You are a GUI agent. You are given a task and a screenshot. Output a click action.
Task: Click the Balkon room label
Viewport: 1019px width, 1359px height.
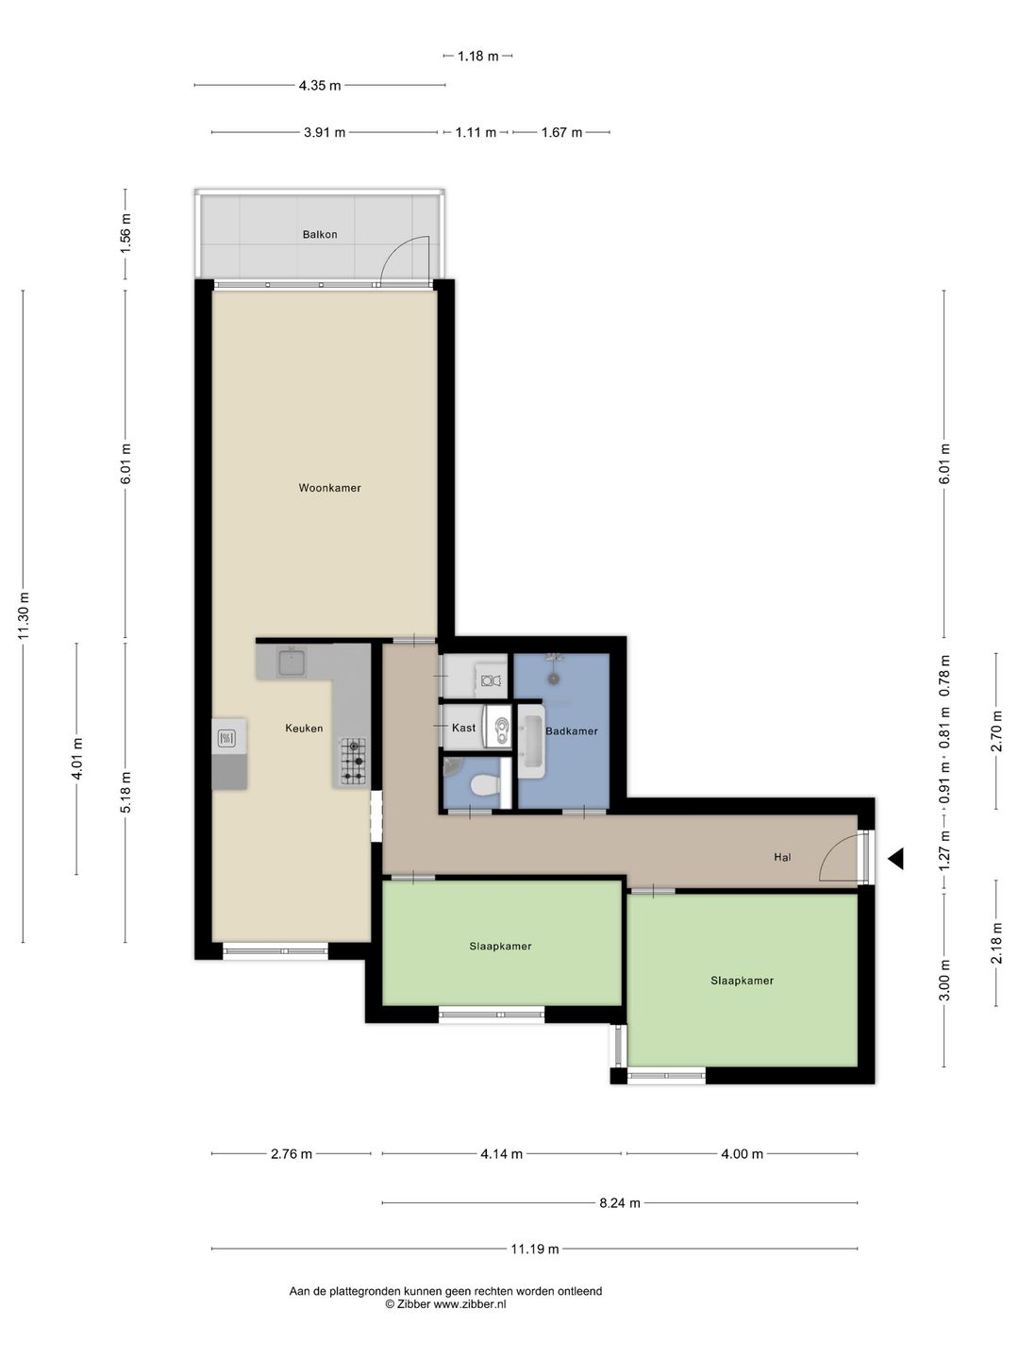(x=319, y=235)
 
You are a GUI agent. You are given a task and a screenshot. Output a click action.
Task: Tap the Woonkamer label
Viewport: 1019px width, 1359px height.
(x=330, y=488)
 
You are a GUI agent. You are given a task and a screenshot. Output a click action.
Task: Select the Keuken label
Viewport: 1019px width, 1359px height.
(x=304, y=728)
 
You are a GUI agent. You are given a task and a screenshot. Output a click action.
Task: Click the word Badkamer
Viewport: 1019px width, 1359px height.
(x=572, y=731)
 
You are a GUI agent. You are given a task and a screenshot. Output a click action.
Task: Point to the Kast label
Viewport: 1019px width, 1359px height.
(x=463, y=728)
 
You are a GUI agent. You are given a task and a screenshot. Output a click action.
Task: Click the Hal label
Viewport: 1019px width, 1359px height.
(x=783, y=858)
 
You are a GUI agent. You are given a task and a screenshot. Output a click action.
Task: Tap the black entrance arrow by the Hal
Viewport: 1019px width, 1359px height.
(x=896, y=858)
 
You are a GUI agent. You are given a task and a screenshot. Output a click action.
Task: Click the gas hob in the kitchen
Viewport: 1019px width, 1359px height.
(x=353, y=761)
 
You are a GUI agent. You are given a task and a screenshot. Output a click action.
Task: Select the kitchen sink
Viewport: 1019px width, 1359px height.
(x=291, y=663)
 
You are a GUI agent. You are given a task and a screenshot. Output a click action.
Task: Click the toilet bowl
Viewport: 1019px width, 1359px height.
(x=485, y=787)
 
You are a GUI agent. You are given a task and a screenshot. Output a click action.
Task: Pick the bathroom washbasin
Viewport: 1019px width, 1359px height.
(x=531, y=742)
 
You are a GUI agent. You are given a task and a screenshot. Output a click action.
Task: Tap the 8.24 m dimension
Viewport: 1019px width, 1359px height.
(x=620, y=1203)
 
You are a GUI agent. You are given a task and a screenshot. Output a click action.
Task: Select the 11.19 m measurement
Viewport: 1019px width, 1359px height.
(x=535, y=1249)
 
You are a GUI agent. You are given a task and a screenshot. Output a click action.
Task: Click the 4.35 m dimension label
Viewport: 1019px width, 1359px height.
(x=320, y=86)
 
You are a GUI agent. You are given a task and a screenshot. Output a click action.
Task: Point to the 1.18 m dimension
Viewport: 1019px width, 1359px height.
(x=477, y=57)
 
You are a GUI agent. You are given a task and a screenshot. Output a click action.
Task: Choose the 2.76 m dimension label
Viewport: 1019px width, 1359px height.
(x=292, y=1154)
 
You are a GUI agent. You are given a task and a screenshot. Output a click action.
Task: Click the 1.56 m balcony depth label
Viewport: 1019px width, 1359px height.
(x=125, y=233)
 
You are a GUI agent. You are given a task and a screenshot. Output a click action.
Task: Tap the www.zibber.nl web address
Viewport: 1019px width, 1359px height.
(x=470, y=1304)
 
